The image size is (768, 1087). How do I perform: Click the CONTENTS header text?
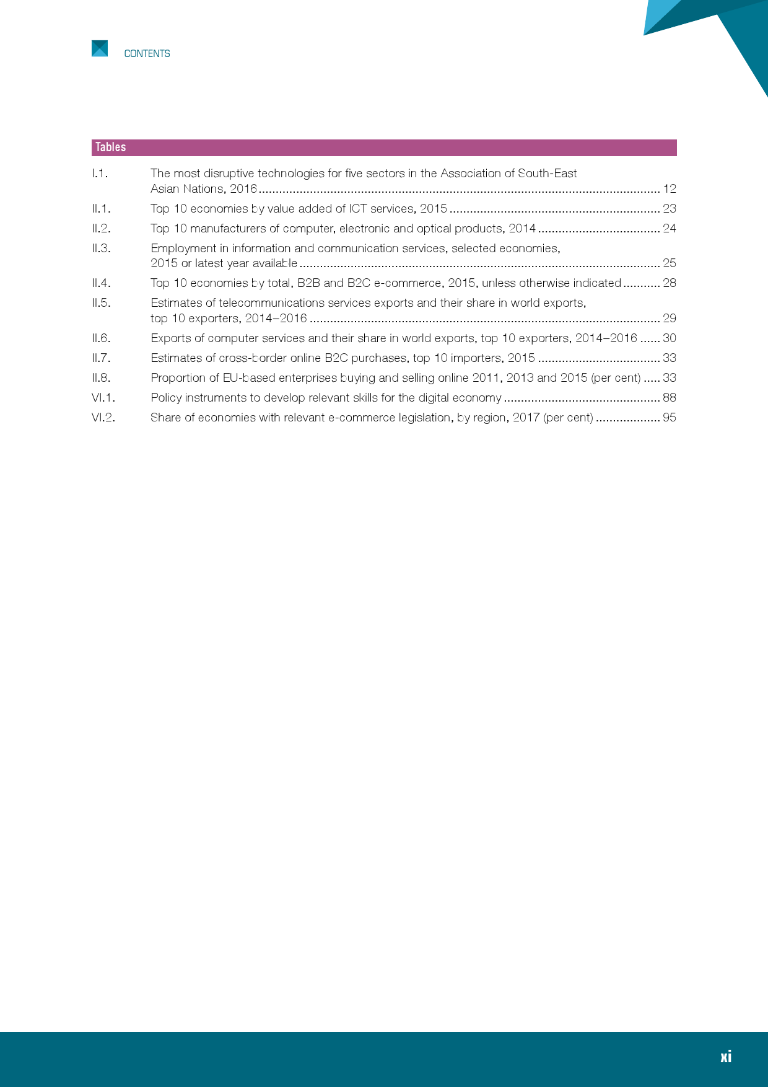click(147, 54)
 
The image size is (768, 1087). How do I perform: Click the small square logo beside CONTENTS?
click(100, 48)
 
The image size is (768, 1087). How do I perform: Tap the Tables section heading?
click(111, 147)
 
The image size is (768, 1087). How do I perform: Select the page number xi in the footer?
click(726, 1057)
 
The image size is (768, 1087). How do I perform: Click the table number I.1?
click(100, 174)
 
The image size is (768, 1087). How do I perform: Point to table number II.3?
click(101, 249)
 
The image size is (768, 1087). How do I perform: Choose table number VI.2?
click(103, 418)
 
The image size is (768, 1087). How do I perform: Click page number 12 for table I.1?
click(670, 189)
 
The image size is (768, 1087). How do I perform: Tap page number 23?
click(670, 209)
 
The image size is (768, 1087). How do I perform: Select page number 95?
click(670, 418)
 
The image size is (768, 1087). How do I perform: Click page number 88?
click(670, 398)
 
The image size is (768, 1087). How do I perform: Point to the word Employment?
click(183, 249)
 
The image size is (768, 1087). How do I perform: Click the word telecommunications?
click(272, 303)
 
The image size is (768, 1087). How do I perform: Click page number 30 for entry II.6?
click(670, 338)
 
